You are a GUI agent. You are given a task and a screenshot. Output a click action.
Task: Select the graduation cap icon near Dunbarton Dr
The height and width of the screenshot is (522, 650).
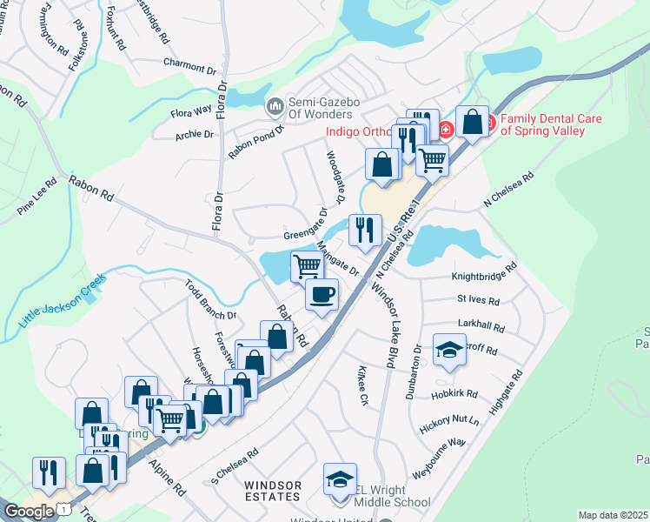[448, 350]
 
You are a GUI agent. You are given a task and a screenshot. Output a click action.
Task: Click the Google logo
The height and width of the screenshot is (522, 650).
[29, 512]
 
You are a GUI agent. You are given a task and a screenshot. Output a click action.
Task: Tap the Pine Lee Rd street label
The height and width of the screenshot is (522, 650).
[37, 197]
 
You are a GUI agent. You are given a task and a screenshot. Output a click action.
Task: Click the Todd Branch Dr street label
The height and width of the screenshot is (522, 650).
[210, 299]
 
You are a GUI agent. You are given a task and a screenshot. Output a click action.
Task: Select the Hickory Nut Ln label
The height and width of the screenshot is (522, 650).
[449, 420]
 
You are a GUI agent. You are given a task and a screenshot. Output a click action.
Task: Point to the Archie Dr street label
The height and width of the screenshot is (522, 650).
[194, 135]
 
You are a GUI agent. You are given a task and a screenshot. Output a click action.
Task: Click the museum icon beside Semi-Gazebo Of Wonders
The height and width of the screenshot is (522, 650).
[275, 106]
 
